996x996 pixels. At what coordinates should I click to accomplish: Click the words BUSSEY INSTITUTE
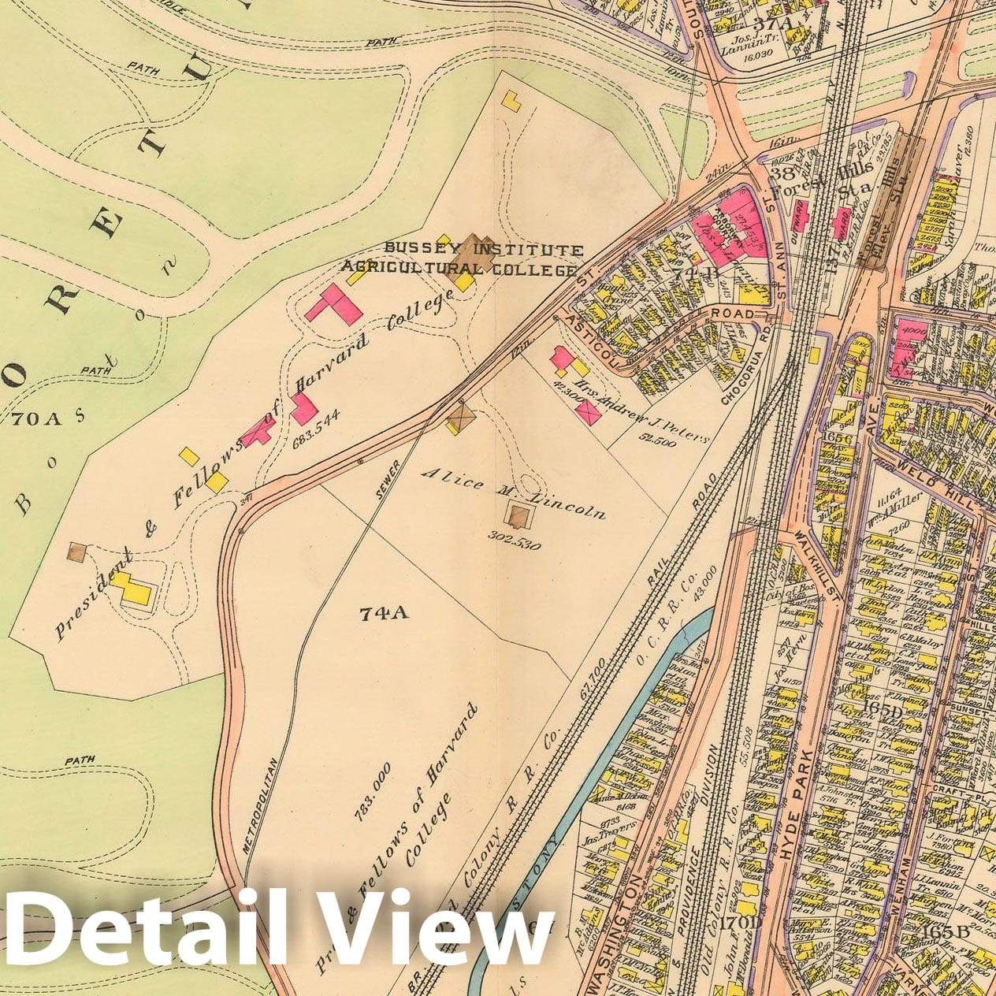pyautogui.click(x=484, y=250)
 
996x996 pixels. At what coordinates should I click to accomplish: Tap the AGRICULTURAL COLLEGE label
pyautogui.click(x=458, y=268)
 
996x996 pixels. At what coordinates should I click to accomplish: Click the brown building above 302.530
pyautogui.click(x=518, y=517)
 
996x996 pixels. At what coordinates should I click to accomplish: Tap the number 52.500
pyautogui.click(x=658, y=443)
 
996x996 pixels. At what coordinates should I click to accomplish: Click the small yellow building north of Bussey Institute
pyautogui.click(x=513, y=100)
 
